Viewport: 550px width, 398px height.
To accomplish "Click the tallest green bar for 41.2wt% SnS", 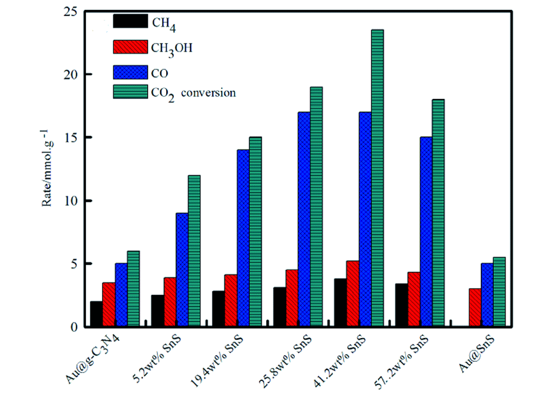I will click(377, 178).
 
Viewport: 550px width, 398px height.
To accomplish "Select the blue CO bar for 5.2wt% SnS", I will click(182, 269).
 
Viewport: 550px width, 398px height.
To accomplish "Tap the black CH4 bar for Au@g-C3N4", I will click(96, 314).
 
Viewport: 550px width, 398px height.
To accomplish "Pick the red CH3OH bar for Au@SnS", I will click(475, 307).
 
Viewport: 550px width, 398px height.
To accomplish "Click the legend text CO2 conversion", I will click(193, 92).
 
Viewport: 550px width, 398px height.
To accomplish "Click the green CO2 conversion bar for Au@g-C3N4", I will click(133, 289).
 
